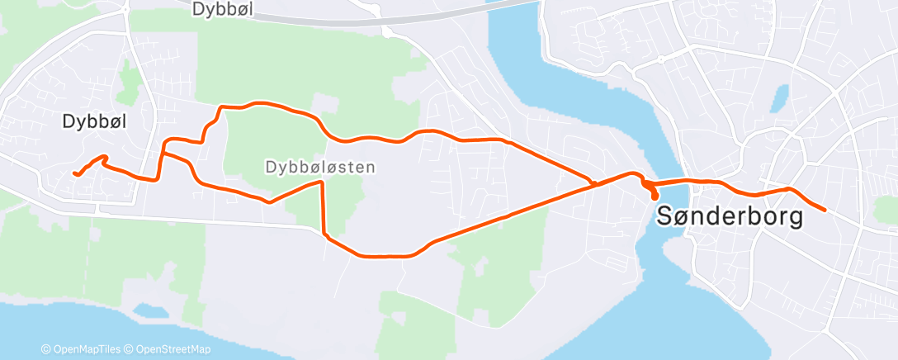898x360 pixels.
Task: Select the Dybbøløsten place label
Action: pyautogui.click(x=320, y=167)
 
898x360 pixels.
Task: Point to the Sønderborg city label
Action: pyautogui.click(x=730, y=216)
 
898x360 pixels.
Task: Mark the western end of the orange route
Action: pyautogui.click(x=75, y=173)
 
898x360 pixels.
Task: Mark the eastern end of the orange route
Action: pyautogui.click(x=825, y=210)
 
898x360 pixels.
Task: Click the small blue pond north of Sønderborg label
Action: pyautogui.click(x=779, y=99)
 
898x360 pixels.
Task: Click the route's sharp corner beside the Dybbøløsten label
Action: pyautogui.click(x=321, y=183)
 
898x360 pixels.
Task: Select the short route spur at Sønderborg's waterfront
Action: pyautogui.click(x=655, y=195)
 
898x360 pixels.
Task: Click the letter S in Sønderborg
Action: pyautogui.click(x=666, y=216)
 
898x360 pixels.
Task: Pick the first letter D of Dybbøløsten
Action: pyautogui.click(x=270, y=167)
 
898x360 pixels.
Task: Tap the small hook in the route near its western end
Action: pyautogui.click(x=103, y=157)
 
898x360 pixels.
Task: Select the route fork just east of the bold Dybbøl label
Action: pyautogui.click(x=163, y=153)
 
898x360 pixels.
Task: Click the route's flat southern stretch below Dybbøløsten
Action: pyautogui.click(x=380, y=256)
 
